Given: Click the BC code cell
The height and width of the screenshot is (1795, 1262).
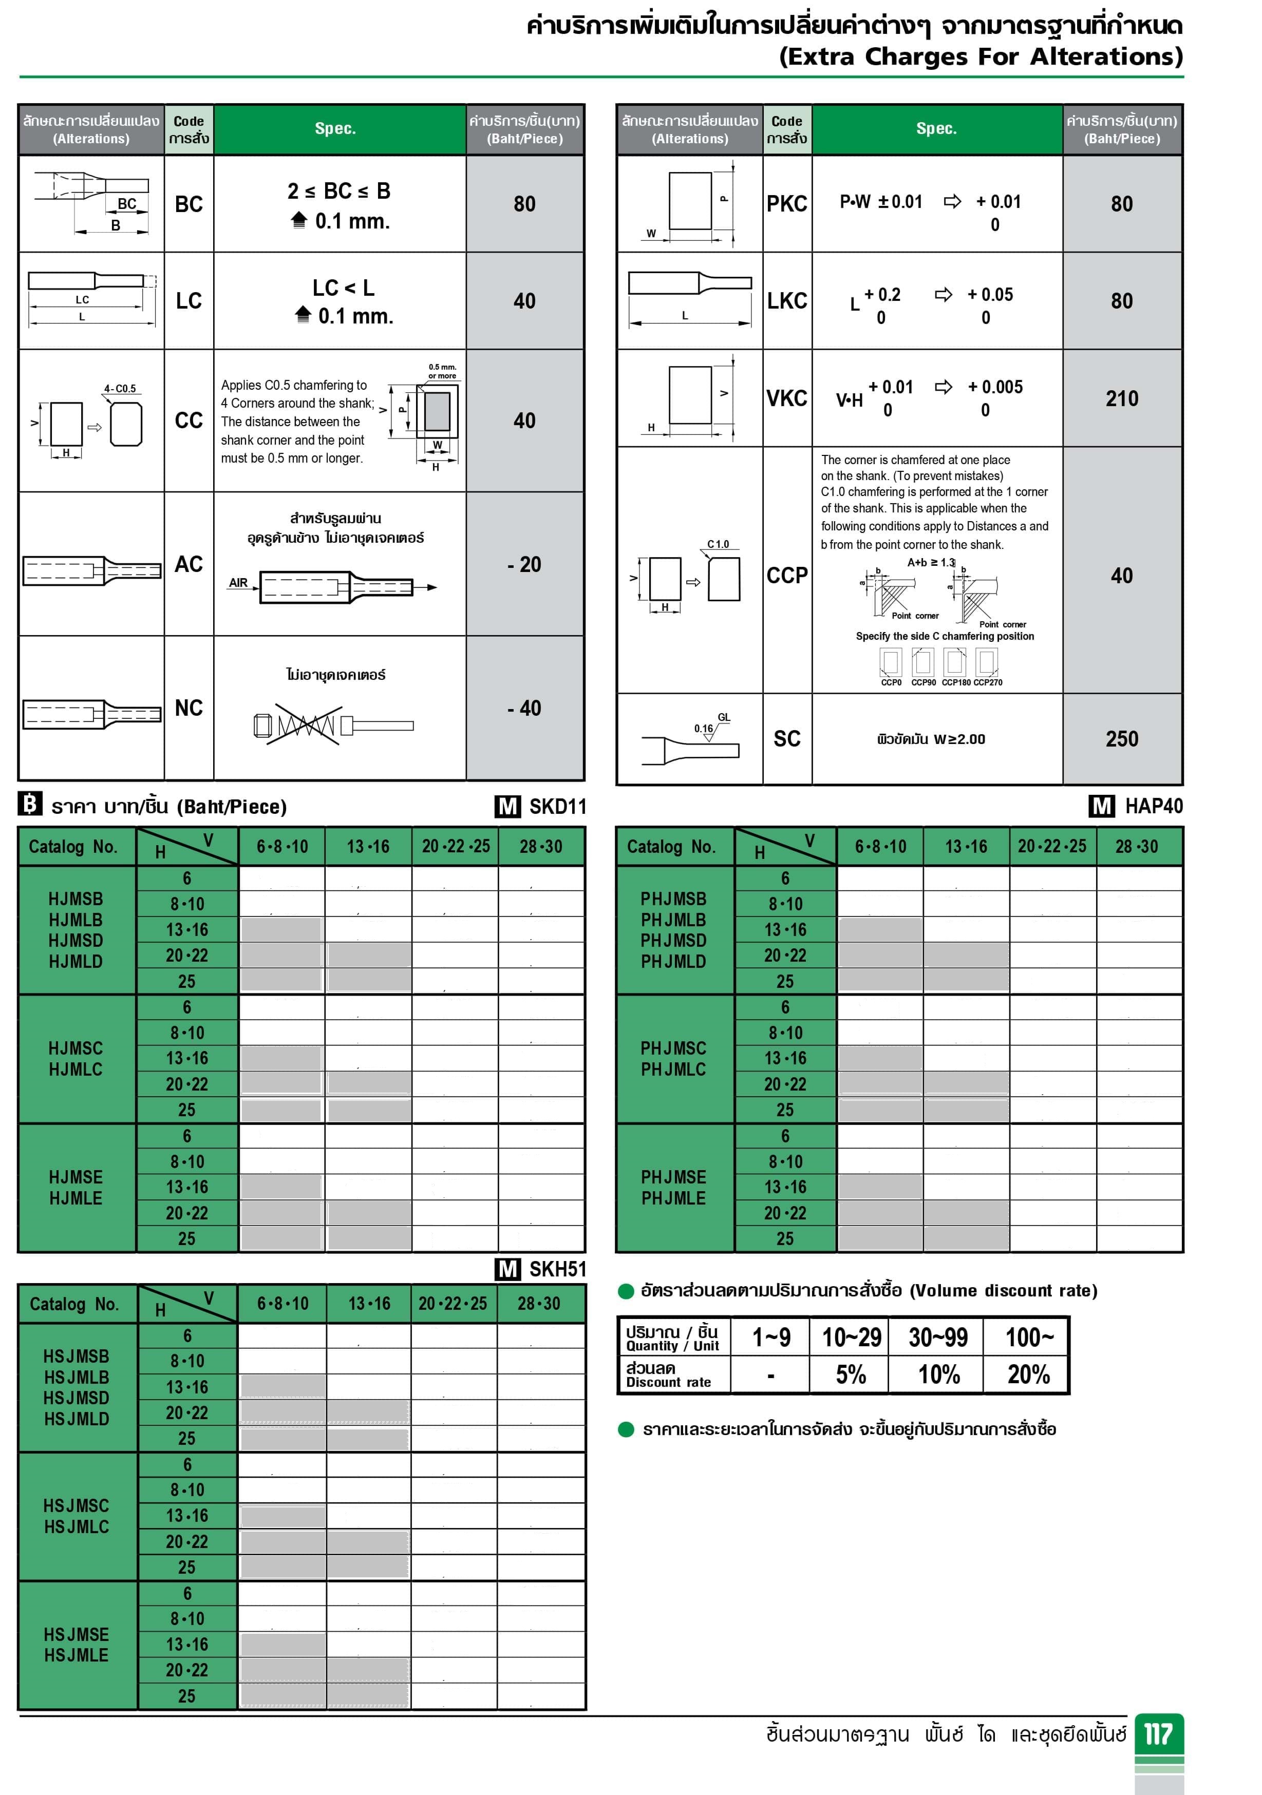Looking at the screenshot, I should (x=189, y=204).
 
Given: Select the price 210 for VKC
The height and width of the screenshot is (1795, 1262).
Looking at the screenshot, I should (x=1121, y=399).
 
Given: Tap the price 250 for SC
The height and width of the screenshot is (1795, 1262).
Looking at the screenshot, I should (x=1121, y=739).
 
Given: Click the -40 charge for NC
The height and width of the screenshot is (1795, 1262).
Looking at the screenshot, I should (x=524, y=709).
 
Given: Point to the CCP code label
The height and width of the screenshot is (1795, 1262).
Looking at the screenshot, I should (x=786, y=576).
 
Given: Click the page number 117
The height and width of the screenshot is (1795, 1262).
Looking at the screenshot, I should (x=1158, y=1735).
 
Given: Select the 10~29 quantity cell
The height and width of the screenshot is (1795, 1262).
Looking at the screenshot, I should (x=851, y=1338).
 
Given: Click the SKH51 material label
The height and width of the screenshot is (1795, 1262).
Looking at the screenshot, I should (x=557, y=1269).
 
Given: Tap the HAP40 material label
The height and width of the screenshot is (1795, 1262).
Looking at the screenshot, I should (x=1153, y=806).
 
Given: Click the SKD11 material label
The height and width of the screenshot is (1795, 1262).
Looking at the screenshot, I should (x=557, y=806).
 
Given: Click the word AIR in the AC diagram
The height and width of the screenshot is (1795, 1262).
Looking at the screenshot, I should (x=238, y=582).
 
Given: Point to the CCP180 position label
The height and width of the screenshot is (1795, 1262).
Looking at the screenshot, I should (x=955, y=682).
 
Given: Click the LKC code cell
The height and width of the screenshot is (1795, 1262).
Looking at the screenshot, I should (x=786, y=301).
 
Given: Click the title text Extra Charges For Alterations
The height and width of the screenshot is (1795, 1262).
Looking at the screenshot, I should (x=981, y=56).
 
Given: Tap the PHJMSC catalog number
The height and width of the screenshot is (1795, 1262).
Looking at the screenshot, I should (x=673, y=1048).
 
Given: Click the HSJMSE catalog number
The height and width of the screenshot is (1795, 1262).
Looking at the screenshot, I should (x=76, y=1634).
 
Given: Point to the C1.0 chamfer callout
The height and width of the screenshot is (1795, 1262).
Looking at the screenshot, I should (x=718, y=544).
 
